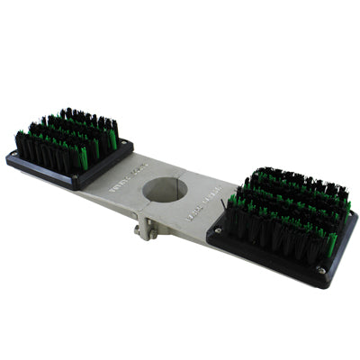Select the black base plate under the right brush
[270, 261]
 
